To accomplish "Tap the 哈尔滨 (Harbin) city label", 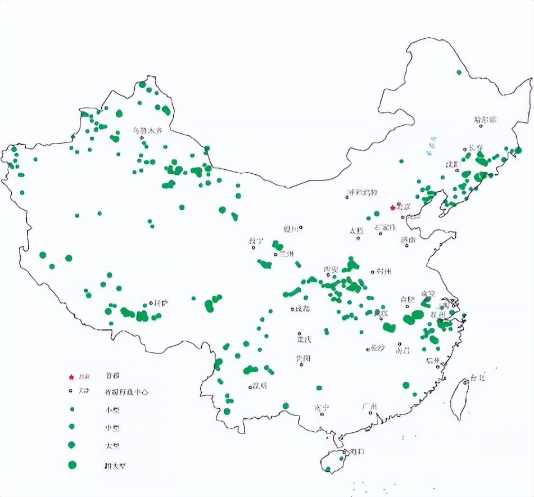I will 486,120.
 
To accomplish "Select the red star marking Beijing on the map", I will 393,207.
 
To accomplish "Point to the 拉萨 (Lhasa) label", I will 161,303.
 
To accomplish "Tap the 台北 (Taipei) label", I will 477,378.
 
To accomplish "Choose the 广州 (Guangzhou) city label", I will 369,406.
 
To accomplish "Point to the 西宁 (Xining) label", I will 256,241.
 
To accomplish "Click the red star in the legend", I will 71,376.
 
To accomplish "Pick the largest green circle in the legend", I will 71,465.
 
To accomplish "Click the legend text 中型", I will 112,428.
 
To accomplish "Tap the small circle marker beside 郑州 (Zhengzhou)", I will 372,272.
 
